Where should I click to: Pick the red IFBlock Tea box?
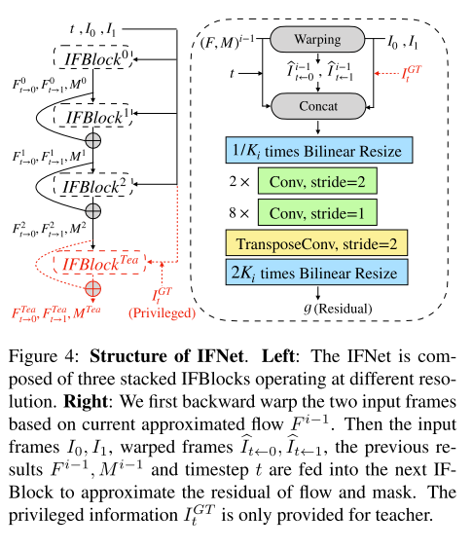click(100, 264)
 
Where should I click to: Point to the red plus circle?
click(93, 289)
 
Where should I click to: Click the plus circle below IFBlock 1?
click(93, 142)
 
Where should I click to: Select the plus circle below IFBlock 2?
click(93, 210)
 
